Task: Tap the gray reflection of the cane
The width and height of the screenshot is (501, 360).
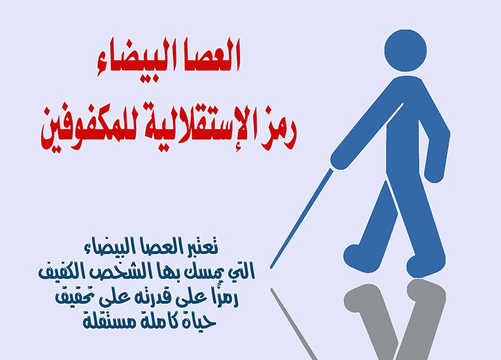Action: point(295,324)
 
